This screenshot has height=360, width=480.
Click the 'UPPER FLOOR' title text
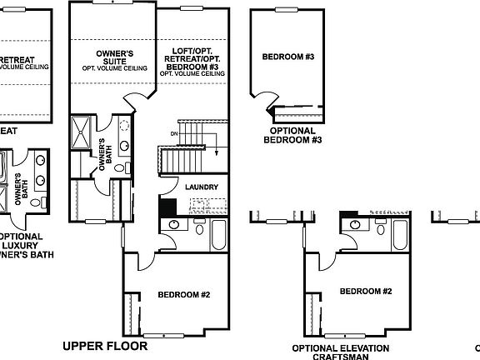tap(105, 345)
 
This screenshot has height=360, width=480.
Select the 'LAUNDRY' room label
tap(202, 187)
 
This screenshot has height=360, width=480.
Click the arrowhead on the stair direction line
tap(215, 152)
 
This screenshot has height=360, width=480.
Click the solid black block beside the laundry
tap(166, 207)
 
